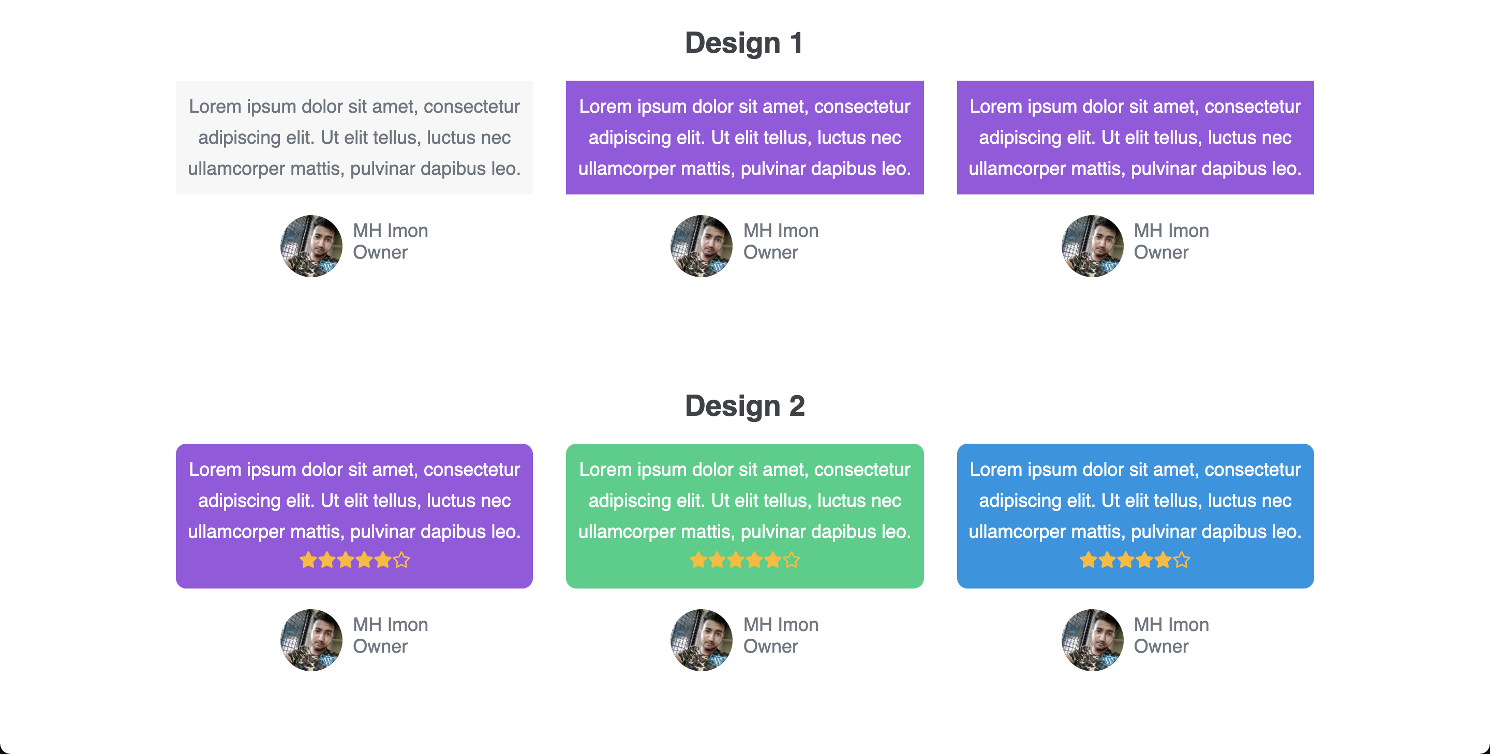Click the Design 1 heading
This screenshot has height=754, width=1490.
[x=744, y=43]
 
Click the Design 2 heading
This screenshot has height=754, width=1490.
[x=744, y=405]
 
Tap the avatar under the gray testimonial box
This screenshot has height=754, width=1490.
[x=311, y=246]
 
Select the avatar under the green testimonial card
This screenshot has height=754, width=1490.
[x=702, y=640]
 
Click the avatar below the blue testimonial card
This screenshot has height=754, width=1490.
[x=1092, y=640]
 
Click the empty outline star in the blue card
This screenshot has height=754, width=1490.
[x=1182, y=560]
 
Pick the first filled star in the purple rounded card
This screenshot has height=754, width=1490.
[x=308, y=560]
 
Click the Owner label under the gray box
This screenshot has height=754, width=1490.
[x=380, y=252]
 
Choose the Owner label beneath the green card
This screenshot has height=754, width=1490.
[x=770, y=646]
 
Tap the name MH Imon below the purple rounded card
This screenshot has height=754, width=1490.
[x=391, y=625]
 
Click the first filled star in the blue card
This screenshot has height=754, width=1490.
[x=1089, y=560]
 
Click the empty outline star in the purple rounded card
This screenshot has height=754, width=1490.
[x=401, y=560]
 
